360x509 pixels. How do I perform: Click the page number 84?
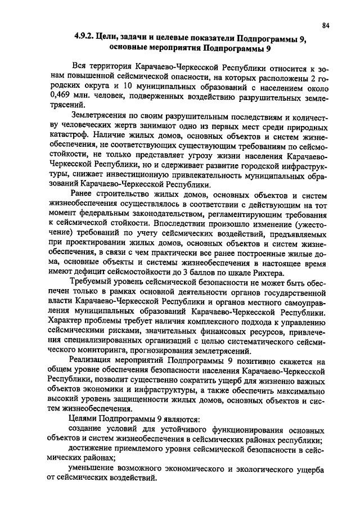[x=326, y=25]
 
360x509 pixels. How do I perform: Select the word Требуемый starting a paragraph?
[x=88, y=280]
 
